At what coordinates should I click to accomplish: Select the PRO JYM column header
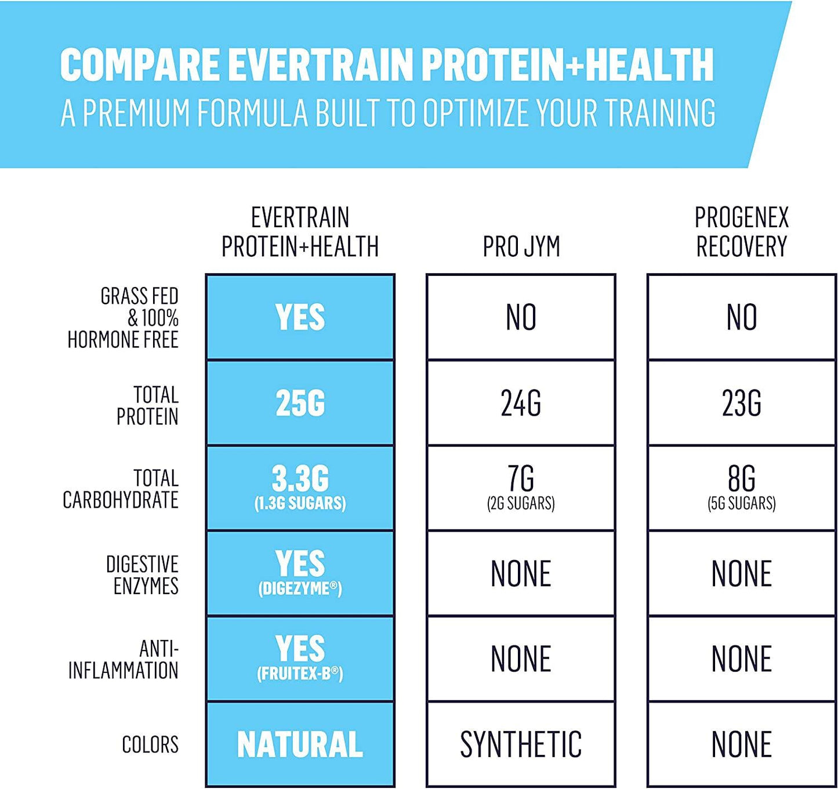tap(521, 246)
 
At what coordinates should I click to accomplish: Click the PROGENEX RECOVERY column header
tap(742, 232)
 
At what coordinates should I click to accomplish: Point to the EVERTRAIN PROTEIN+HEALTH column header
tap(300, 232)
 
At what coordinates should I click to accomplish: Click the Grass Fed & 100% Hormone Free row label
tap(123, 318)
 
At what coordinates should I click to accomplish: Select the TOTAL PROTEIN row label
tap(147, 406)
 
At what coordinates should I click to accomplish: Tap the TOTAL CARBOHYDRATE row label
tap(121, 489)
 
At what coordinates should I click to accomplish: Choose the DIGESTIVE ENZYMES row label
tap(142, 575)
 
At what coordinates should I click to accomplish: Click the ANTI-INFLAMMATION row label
tap(124, 660)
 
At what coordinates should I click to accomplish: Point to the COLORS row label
tap(150, 744)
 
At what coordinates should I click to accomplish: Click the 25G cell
tap(300, 403)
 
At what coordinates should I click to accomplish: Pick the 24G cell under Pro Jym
tap(521, 403)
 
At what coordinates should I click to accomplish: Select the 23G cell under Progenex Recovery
tap(741, 403)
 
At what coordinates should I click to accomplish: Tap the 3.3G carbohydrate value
tap(300, 479)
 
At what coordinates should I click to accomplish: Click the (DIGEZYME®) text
tap(300, 588)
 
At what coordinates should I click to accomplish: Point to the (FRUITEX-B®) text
tap(300, 674)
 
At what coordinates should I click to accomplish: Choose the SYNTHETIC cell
tap(521, 744)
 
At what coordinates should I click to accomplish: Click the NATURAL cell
tap(300, 744)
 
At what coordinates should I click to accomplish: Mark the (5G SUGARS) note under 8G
tap(741, 503)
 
